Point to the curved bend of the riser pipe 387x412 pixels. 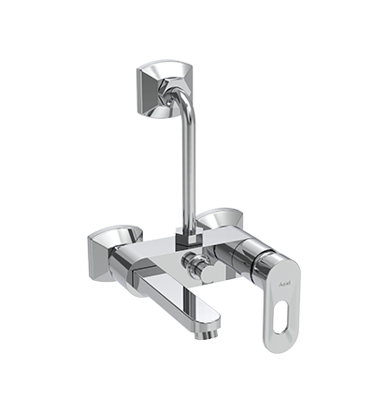(185, 113)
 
